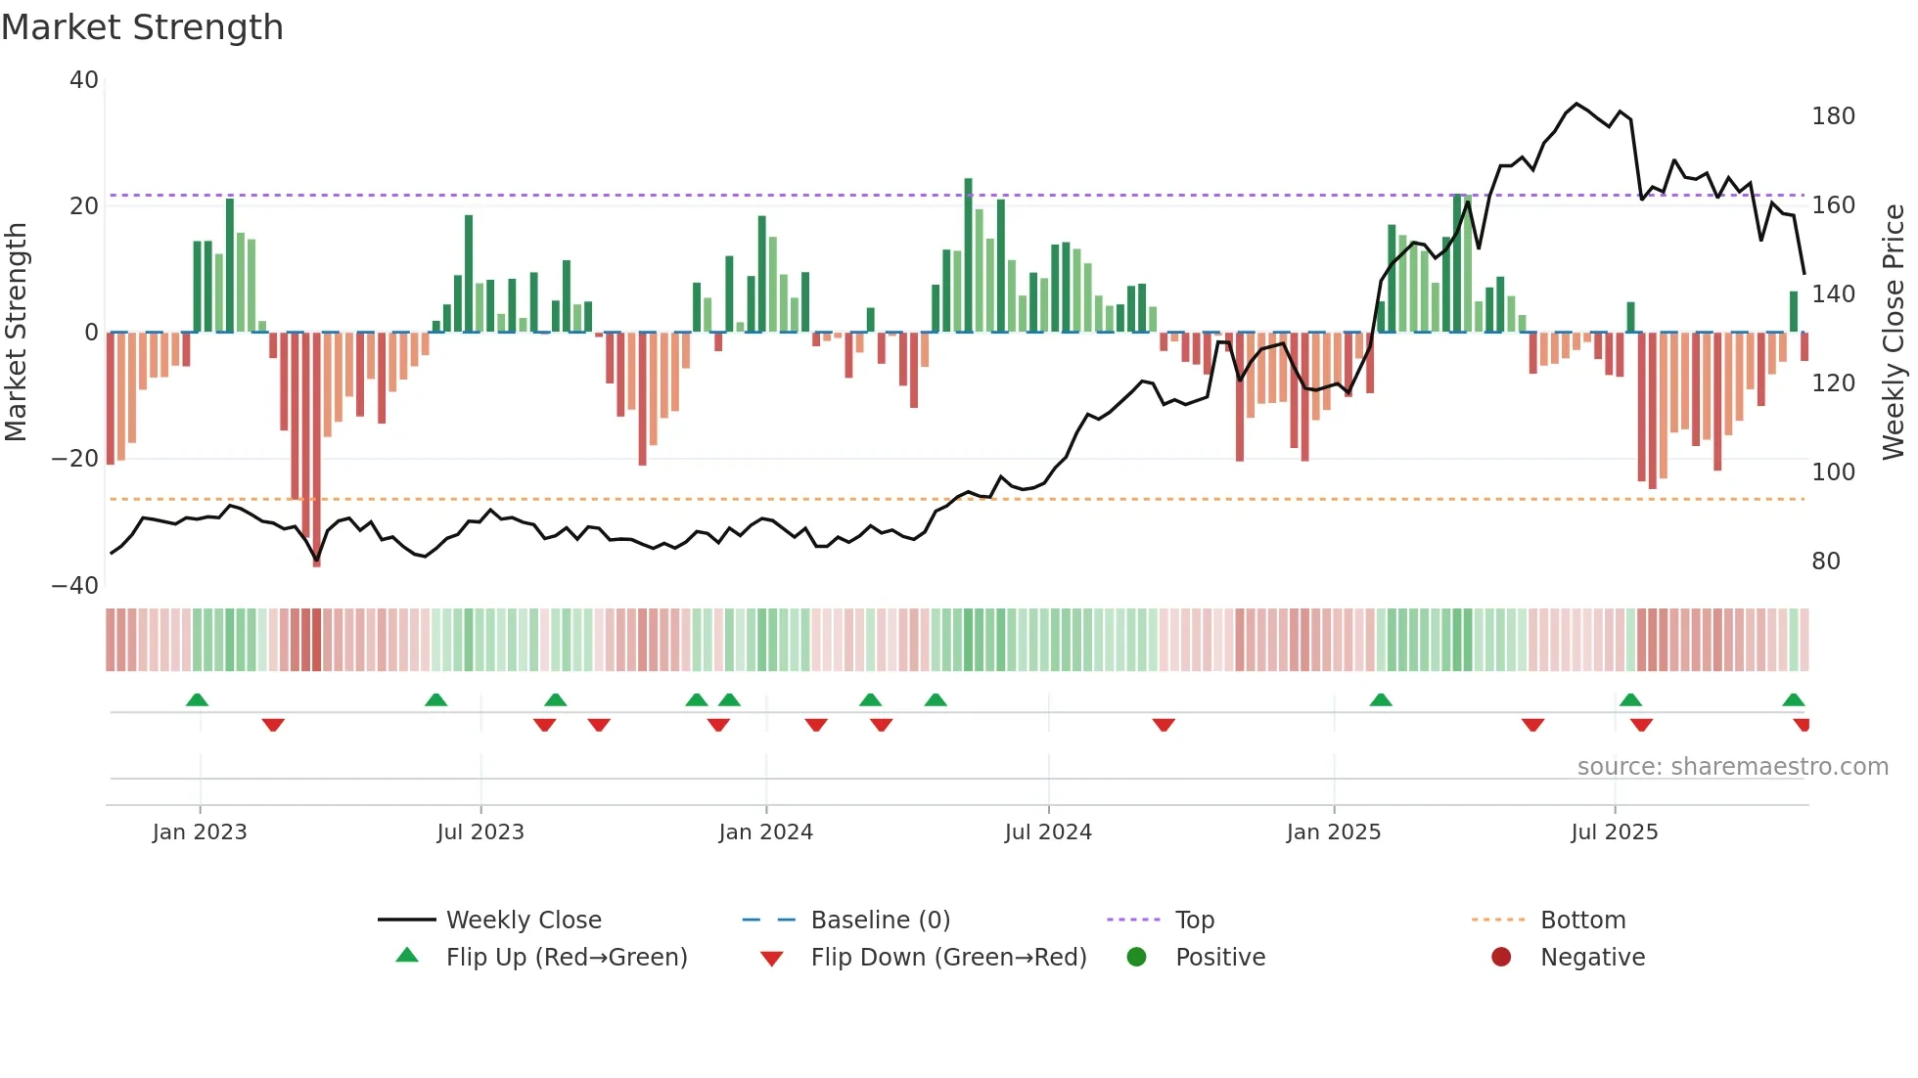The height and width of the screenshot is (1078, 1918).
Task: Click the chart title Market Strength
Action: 142,27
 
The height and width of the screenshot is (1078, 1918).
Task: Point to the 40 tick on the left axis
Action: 84,80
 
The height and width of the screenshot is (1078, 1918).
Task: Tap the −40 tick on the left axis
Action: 75,585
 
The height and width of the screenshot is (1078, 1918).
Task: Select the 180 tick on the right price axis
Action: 1833,116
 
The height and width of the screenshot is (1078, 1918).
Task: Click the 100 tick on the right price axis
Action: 1833,472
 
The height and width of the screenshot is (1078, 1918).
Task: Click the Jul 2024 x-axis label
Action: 1047,832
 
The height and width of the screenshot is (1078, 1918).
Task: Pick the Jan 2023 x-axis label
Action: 200,832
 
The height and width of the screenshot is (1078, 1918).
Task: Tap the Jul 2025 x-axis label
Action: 1614,832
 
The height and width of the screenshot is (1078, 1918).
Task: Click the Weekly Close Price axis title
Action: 1894,333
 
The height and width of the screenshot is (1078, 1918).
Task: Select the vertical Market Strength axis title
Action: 17,333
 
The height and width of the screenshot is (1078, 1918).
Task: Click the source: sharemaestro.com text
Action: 1732,767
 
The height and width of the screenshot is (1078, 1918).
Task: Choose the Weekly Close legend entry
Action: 523,921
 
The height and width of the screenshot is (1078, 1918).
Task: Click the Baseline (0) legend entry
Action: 880,921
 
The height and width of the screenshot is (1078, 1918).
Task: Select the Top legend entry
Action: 1194,921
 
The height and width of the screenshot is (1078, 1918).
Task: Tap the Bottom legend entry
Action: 1582,921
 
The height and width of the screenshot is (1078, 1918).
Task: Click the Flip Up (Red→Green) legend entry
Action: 566,958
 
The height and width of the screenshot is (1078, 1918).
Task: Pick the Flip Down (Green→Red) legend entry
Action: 947,958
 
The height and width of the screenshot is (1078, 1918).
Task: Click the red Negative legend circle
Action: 1501,957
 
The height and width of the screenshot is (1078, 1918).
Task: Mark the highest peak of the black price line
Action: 1575,104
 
